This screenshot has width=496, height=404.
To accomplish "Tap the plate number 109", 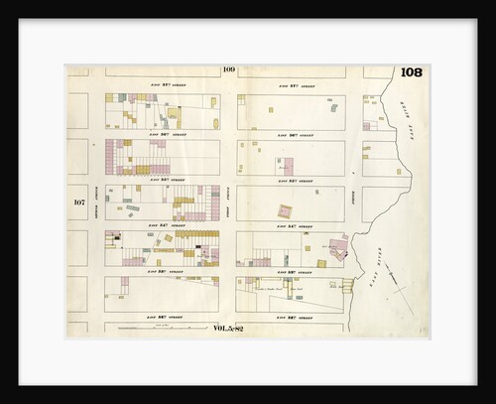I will (229, 69).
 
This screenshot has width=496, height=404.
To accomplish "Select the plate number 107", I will (79, 202).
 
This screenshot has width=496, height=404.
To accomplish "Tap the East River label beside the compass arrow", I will (384, 270).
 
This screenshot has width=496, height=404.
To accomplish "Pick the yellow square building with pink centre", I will (286, 211).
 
